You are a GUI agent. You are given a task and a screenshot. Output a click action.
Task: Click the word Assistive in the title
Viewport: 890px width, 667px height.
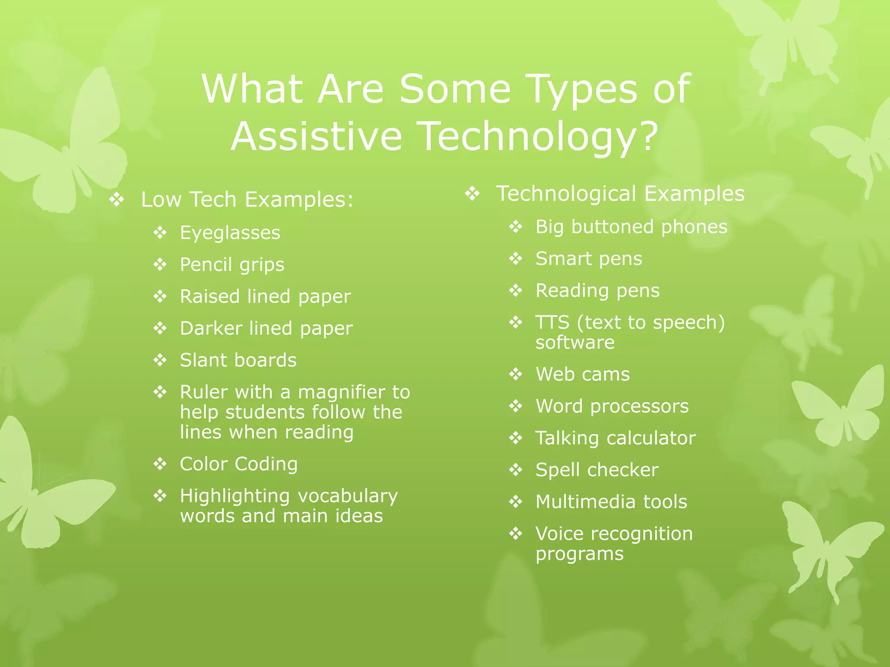coord(316,136)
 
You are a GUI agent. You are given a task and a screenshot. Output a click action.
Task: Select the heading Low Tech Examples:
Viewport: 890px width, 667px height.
coord(247,200)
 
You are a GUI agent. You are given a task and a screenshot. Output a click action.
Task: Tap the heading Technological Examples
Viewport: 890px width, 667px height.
coord(620,194)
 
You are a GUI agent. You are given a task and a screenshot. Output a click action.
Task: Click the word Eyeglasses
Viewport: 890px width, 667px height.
coord(230,233)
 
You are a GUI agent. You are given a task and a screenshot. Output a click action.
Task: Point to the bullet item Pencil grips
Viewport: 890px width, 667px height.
coord(232,265)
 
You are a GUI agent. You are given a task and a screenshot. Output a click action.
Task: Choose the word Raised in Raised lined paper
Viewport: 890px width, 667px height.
coord(210,297)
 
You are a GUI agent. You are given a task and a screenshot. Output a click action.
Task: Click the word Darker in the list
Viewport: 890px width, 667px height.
coord(210,328)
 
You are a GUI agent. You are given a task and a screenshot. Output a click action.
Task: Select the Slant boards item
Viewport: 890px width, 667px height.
coord(238,360)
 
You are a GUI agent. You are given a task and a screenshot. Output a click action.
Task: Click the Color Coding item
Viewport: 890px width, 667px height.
coord(239,464)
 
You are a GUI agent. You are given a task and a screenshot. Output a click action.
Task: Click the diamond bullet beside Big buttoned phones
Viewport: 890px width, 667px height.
coord(516,227)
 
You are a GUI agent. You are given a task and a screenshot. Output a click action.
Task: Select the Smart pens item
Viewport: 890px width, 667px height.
coord(588,259)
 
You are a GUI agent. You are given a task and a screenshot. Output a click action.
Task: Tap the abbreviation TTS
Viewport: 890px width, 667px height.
coord(552,323)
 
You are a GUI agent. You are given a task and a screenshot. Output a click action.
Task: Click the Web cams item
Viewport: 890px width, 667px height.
coord(582,374)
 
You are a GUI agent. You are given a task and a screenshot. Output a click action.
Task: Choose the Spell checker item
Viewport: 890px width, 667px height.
coord(597,470)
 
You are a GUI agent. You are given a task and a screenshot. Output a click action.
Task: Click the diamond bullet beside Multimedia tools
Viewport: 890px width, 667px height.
coord(516,502)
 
